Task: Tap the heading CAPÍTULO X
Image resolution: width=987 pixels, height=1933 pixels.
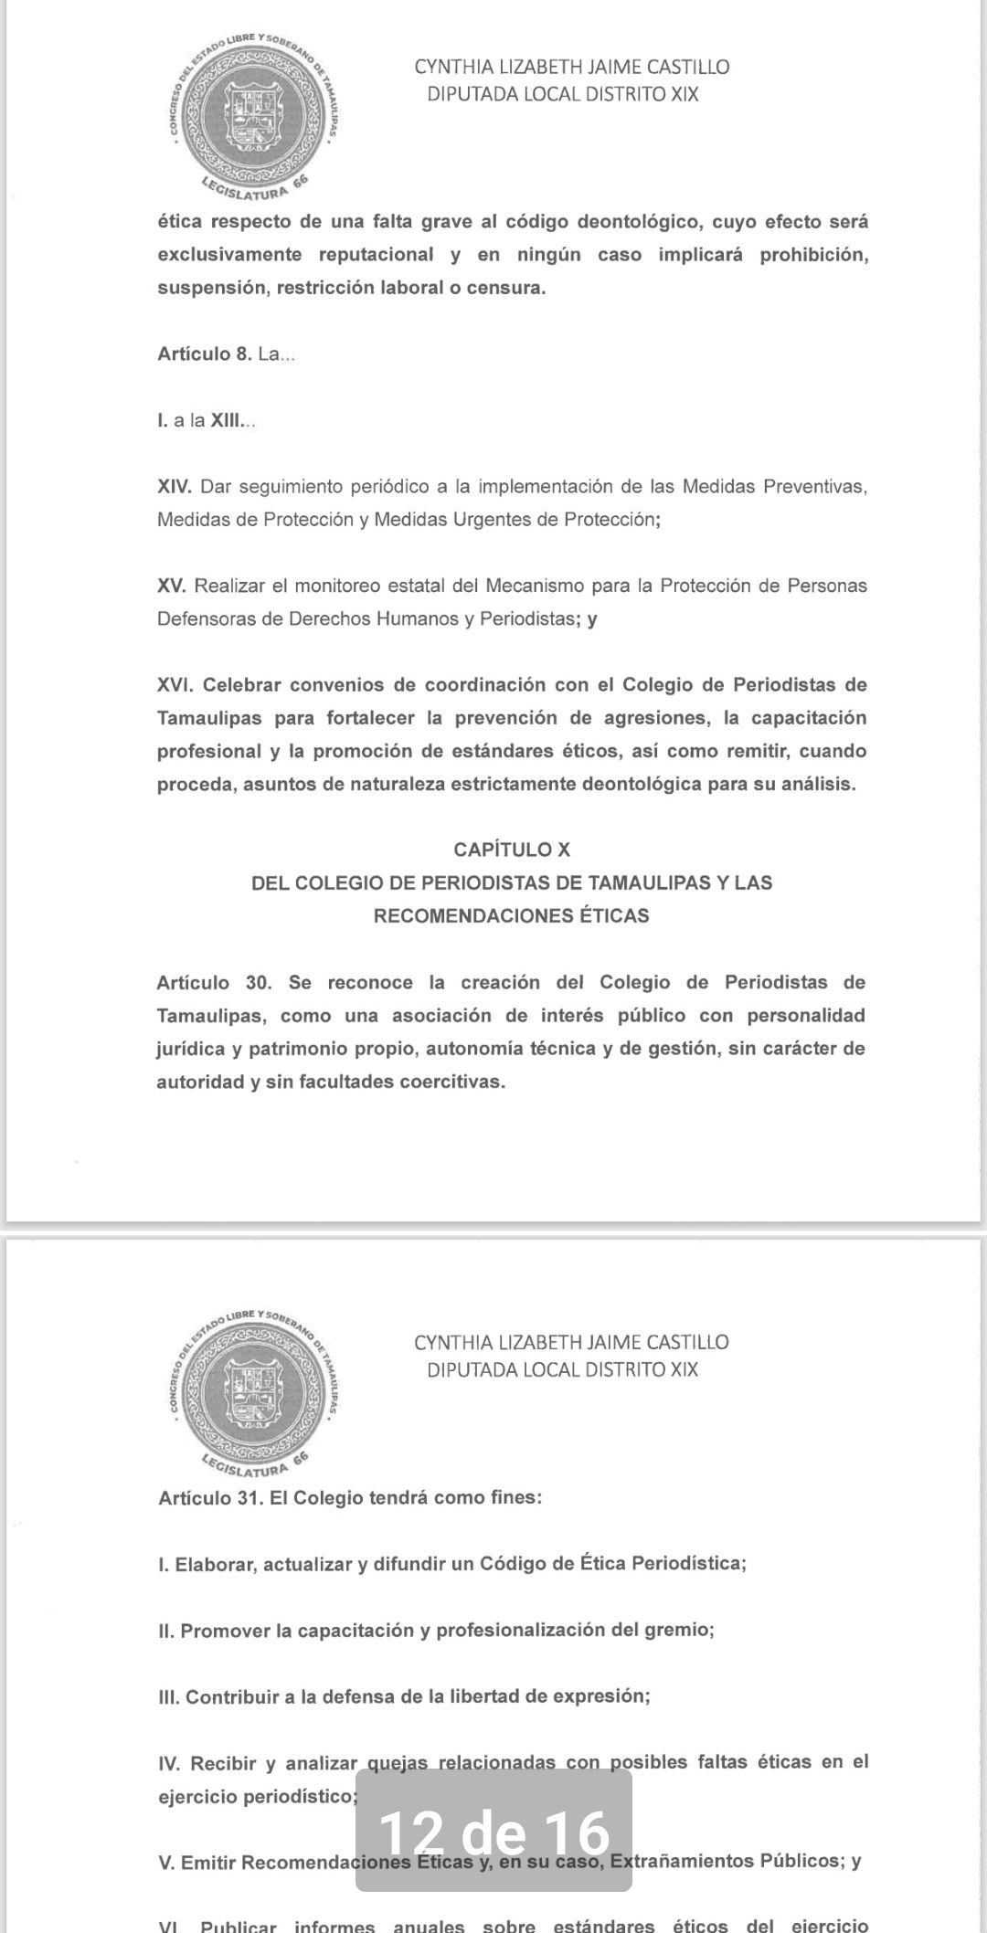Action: click(512, 850)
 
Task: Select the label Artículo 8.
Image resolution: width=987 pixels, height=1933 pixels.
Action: click(204, 354)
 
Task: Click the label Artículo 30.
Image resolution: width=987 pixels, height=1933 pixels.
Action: click(215, 983)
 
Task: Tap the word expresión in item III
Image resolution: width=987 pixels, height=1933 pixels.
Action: click(602, 1696)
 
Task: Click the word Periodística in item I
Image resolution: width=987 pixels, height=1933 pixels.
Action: click(689, 1563)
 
